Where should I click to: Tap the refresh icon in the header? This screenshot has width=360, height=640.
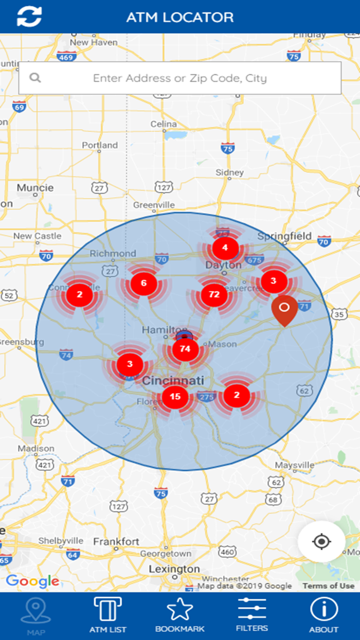[x=29, y=16]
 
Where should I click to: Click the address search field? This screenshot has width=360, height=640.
[x=179, y=78]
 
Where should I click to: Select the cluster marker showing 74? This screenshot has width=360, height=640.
[x=185, y=349]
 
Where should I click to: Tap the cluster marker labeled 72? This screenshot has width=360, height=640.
[x=214, y=295]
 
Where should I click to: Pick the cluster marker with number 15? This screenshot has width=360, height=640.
[x=175, y=396]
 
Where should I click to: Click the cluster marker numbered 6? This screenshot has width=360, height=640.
[x=143, y=283]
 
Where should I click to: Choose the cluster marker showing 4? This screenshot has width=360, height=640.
[x=224, y=248]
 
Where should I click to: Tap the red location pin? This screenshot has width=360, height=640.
[x=284, y=309]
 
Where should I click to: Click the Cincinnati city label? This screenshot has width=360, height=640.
[x=173, y=381]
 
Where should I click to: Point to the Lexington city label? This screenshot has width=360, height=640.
[x=174, y=569]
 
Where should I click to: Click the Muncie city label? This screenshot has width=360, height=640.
[x=35, y=188]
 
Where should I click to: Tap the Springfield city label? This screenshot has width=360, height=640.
[x=284, y=236]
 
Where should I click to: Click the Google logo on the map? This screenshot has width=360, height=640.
[x=32, y=581]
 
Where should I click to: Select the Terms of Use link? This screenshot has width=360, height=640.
[x=328, y=585]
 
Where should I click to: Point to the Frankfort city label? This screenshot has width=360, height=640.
[x=116, y=542]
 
